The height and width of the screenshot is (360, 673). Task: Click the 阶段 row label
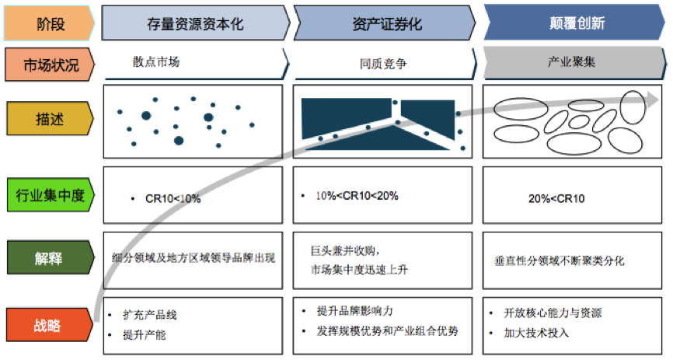pyautogui.click(x=50, y=23)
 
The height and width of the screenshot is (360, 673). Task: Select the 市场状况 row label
pyautogui.click(x=50, y=65)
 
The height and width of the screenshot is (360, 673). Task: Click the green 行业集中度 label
pyautogui.click(x=50, y=194)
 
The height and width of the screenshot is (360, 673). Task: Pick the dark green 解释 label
pyautogui.click(x=50, y=257)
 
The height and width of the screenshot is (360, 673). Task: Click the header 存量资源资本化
pyautogui.click(x=194, y=23)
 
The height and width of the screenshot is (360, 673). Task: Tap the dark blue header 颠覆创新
pyautogui.click(x=576, y=23)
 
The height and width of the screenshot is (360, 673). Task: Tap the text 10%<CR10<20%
pyautogui.click(x=357, y=196)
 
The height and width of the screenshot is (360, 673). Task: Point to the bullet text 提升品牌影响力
pyautogui.click(x=354, y=310)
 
